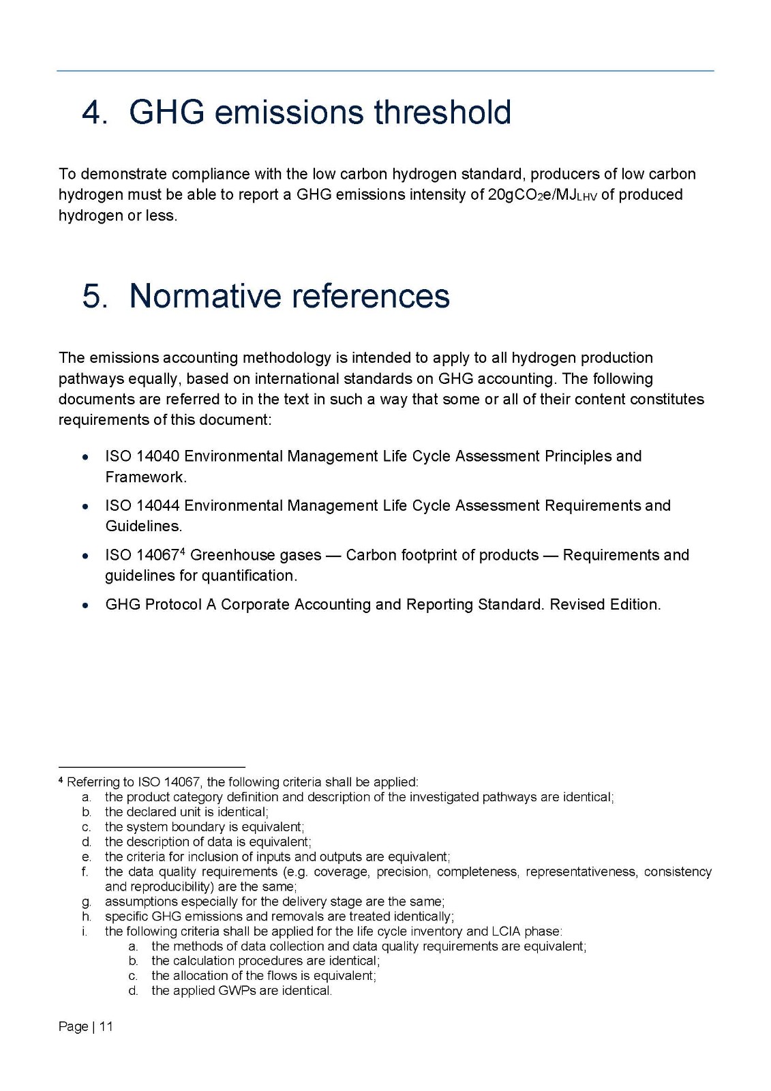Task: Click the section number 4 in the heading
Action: coord(92,113)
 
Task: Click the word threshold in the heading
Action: coord(442,113)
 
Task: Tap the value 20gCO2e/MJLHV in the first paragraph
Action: coord(542,195)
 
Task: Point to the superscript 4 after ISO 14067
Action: coord(183,551)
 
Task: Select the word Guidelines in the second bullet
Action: coord(142,526)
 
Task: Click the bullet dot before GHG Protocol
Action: coord(85,606)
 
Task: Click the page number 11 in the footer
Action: coord(106,1027)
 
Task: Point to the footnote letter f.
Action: coord(85,872)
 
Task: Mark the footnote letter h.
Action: coord(86,916)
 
